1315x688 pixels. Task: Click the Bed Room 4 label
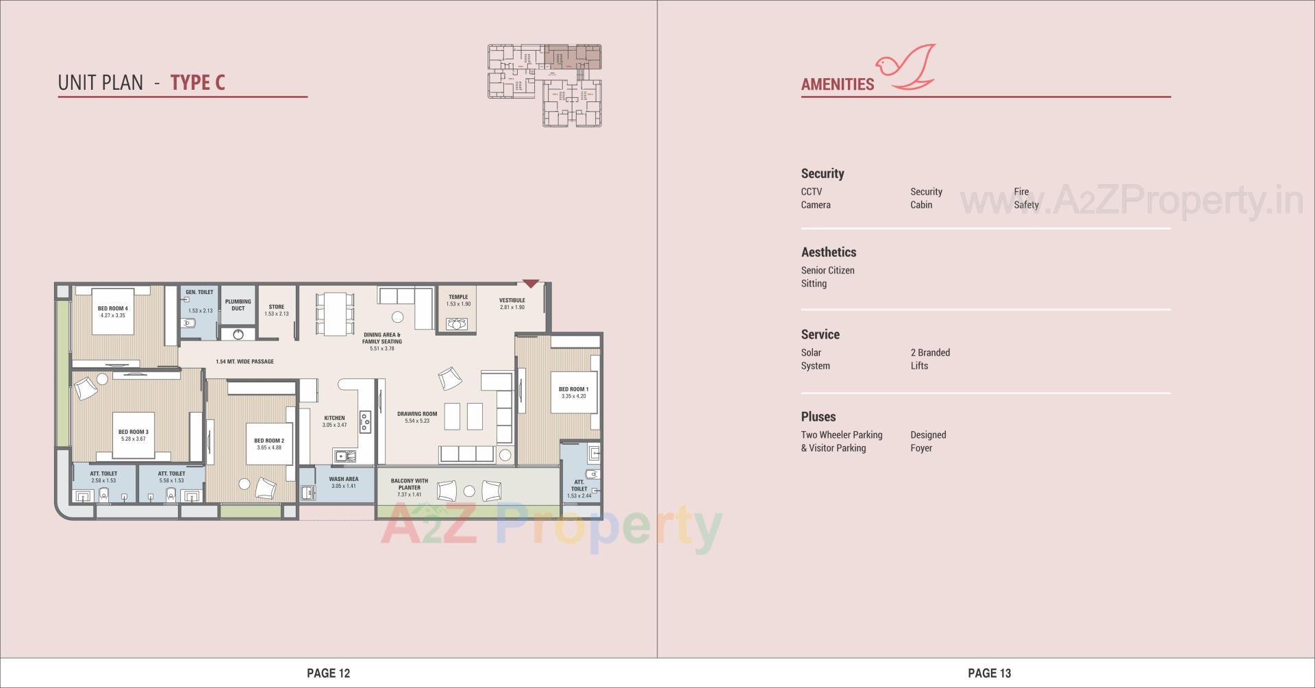tap(112, 308)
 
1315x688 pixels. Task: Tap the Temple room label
tap(458, 297)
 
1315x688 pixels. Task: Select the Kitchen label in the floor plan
tap(334, 418)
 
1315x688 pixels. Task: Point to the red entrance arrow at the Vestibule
tap(531, 284)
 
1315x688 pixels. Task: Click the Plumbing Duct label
tap(238, 305)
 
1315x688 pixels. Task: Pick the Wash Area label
tap(343, 480)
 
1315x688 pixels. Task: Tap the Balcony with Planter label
tap(410, 484)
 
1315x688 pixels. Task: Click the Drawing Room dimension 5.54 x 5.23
tap(417, 421)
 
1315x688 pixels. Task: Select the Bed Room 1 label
tap(573, 389)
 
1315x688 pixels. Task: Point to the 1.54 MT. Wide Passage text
tap(245, 362)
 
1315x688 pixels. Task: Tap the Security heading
tap(823, 174)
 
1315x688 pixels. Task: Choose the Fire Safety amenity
tap(1026, 198)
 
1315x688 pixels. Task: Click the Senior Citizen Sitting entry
tap(827, 277)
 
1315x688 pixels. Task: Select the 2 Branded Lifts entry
tap(929, 359)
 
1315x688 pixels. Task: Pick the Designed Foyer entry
tap(928, 441)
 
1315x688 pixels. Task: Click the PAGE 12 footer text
tap(328, 673)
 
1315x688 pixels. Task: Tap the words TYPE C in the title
tap(197, 83)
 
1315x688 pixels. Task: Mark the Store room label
tap(276, 308)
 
